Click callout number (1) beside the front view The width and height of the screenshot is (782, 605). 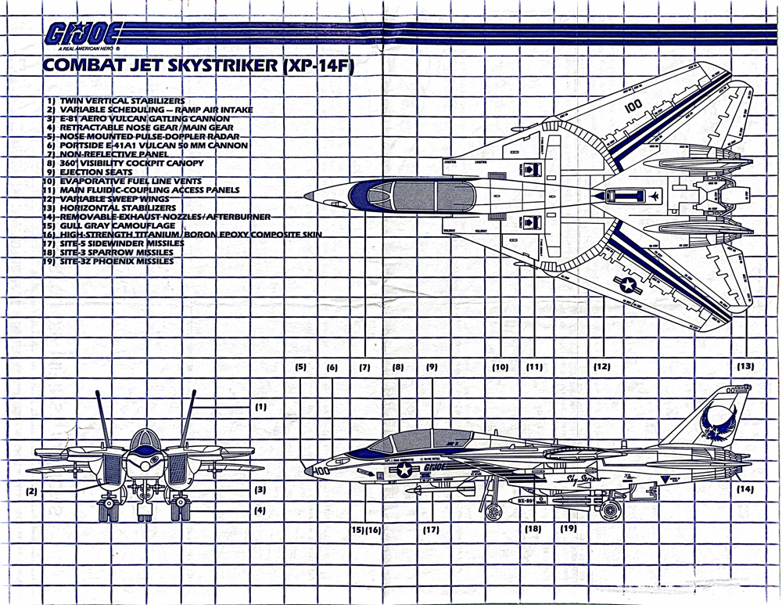(260, 406)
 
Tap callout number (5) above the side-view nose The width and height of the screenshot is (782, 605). (301, 366)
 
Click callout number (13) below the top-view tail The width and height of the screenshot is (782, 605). (745, 366)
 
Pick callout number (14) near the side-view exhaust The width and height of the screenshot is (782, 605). (744, 489)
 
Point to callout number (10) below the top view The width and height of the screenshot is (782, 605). (500, 366)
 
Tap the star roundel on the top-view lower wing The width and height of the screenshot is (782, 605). (630, 286)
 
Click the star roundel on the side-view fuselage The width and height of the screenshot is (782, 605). (404, 470)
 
